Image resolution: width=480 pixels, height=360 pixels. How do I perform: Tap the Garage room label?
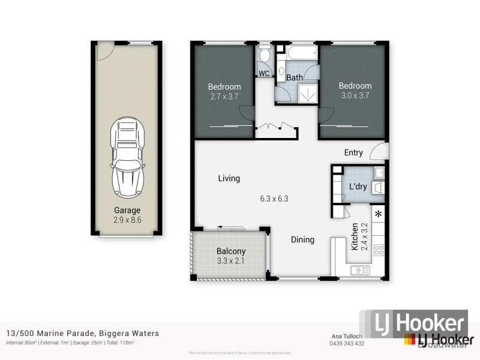127,210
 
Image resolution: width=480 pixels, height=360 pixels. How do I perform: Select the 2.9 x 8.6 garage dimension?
127,220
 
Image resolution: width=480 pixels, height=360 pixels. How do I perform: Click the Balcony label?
231,251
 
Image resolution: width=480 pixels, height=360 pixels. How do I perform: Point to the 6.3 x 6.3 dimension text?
274,198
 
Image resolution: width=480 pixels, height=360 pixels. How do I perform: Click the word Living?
229,178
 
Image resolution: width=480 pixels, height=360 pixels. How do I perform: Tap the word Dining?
302,239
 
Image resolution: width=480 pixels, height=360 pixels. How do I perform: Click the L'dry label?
358,187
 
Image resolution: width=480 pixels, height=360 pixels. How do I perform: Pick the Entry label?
353,152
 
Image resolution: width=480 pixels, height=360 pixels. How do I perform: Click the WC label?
264,73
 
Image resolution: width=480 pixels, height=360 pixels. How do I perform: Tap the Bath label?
294,77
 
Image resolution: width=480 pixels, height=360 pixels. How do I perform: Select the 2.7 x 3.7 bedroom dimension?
224,95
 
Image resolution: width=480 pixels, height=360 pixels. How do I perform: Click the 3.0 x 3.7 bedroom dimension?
355,95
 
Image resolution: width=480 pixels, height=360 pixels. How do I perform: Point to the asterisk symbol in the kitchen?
378,214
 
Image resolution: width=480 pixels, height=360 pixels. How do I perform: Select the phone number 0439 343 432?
348,344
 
